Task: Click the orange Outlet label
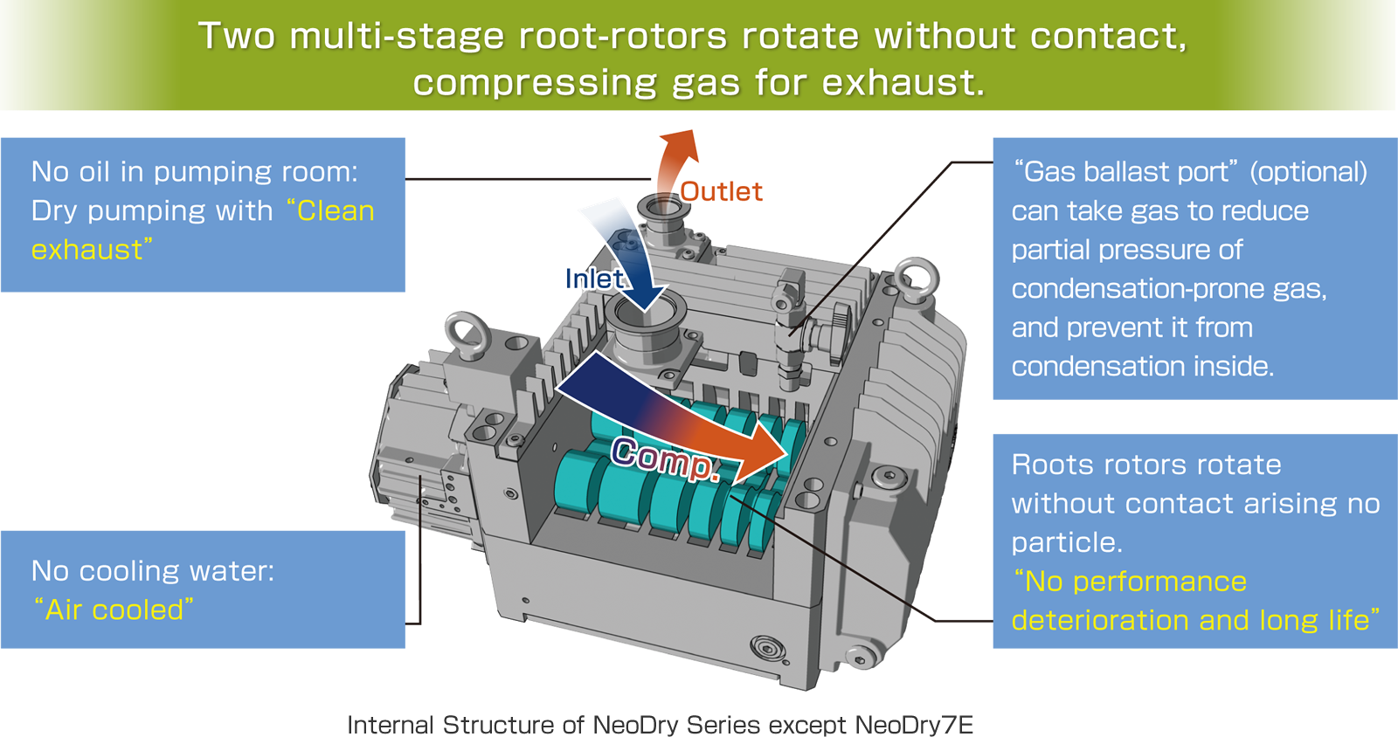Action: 721,192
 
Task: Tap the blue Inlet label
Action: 594,279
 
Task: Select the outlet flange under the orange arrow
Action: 663,209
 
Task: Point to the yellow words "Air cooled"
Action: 114,610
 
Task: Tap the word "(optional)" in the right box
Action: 1308,172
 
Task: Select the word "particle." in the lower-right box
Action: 1067,542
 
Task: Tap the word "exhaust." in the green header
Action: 904,83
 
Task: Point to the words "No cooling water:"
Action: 153,571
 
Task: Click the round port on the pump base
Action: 767,648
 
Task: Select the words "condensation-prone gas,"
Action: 1169,289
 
